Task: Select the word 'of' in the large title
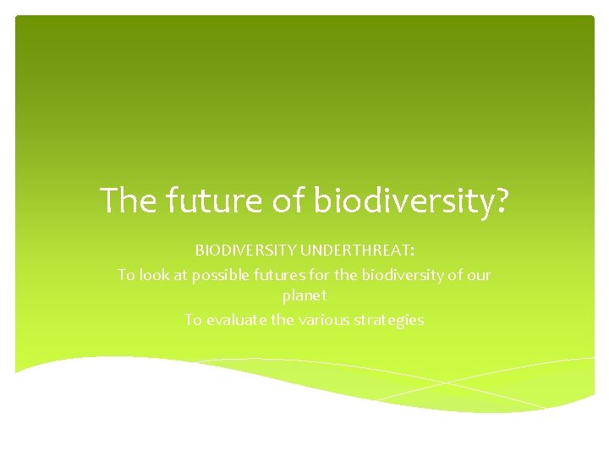pyautogui.click(x=288, y=201)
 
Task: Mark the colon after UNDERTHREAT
pyautogui.click(x=411, y=251)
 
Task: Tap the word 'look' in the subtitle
pyautogui.click(x=154, y=275)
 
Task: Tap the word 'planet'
pyautogui.click(x=304, y=297)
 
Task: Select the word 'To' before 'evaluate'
pyautogui.click(x=193, y=320)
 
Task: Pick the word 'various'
pyautogui.click(x=321, y=320)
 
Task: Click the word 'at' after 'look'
pyautogui.click(x=178, y=275)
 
